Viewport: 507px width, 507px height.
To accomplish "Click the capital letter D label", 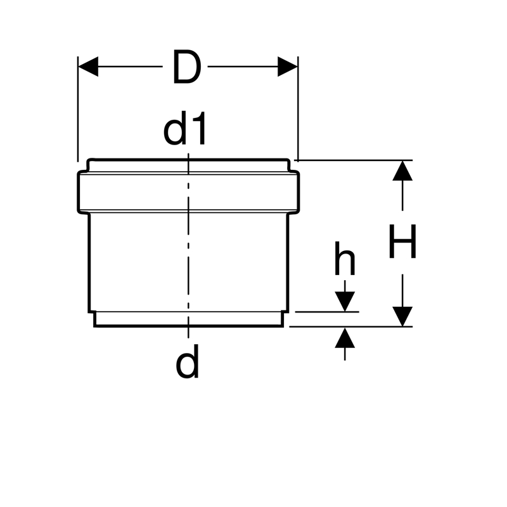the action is click(186, 67).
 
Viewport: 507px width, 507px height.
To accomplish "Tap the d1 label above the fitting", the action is click(184, 129).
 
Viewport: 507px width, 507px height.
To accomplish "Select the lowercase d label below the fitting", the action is click(187, 361).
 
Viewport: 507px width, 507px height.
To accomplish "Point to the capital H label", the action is click(402, 241).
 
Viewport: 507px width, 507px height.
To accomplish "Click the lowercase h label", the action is click(345, 258).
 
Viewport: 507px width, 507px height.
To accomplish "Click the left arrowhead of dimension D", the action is click(88, 67).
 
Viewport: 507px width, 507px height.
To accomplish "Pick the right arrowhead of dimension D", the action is click(288, 67).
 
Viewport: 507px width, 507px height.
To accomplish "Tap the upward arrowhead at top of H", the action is click(402, 170).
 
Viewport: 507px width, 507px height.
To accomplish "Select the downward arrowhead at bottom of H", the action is click(402, 316).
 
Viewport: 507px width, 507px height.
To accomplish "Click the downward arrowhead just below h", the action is click(345, 302).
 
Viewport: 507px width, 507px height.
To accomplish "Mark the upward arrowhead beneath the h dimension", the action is click(345, 338).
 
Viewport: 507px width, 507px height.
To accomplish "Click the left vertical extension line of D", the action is click(77, 109).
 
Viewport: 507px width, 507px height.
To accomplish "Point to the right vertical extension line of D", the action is click(298, 109).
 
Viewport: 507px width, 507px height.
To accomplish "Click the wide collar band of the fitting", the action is click(188, 192).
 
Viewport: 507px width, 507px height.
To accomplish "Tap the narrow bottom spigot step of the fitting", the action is click(188, 319).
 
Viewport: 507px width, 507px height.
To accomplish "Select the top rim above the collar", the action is click(188, 165).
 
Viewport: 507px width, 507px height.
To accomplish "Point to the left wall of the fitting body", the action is click(89, 262).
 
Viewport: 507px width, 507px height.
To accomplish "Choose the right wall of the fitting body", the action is click(288, 262).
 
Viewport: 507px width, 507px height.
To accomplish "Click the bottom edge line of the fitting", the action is click(188, 326).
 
